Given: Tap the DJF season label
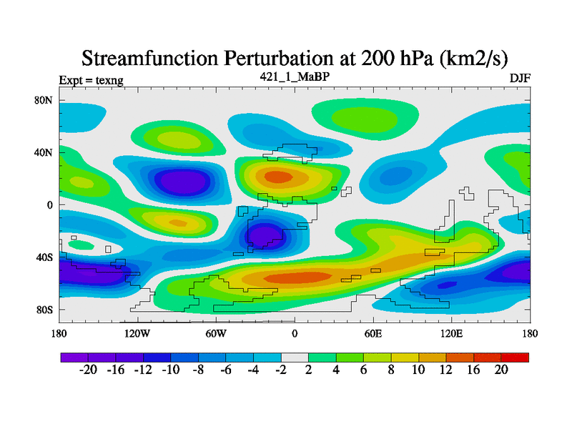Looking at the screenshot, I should tap(520, 79).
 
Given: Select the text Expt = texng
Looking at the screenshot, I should tap(91, 80).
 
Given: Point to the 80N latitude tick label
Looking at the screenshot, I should tap(44, 100).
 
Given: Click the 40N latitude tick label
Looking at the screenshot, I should tap(44, 152).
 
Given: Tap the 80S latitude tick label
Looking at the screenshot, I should tap(44, 310).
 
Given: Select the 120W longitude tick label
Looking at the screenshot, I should tap(137, 333).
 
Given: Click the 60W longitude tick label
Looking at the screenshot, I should tap(216, 333).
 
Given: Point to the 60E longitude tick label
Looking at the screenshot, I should tap(373, 333).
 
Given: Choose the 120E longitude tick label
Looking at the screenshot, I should tap(451, 333).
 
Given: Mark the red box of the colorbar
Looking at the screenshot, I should tap(515, 357).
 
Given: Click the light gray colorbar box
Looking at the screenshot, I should tap(295, 357).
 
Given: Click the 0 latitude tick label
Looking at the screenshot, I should tap(50, 205).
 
